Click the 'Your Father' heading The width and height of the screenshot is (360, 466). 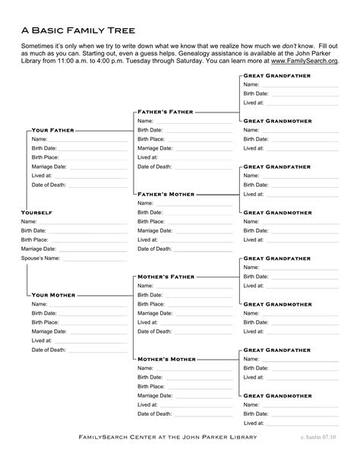[x=53, y=130]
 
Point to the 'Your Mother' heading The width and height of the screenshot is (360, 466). [x=53, y=294]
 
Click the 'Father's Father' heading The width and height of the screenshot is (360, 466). [x=166, y=112]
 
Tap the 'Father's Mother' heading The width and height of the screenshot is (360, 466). [x=166, y=194]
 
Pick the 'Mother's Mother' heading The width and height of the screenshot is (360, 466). [x=166, y=358]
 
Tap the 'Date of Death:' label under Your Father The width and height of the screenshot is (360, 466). [x=49, y=185]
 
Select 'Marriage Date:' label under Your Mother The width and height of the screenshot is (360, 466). [x=49, y=331]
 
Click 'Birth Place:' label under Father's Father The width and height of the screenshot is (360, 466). [x=151, y=139]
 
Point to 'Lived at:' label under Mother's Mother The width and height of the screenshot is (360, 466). [x=148, y=404]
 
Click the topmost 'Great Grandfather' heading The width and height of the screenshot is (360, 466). [x=276, y=76]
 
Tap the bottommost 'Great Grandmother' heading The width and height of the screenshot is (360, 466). [x=277, y=395]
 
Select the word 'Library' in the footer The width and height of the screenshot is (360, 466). [x=238, y=437]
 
